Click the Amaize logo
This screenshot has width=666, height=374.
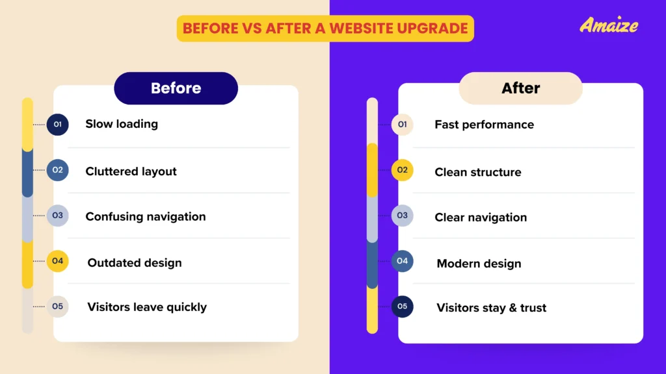(x=609, y=25)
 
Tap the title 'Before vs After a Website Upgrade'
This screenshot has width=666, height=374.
(x=325, y=29)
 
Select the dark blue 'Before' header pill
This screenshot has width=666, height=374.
(x=176, y=88)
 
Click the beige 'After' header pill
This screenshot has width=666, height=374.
(x=520, y=88)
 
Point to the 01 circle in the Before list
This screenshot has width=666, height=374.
(x=57, y=124)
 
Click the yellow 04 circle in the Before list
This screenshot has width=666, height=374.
(x=57, y=261)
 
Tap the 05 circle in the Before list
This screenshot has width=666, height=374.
(x=57, y=306)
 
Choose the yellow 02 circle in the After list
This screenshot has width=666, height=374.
(x=402, y=170)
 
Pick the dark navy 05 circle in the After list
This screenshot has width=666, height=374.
(x=402, y=306)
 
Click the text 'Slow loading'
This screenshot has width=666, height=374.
(x=122, y=123)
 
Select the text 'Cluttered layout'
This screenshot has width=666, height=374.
(x=131, y=171)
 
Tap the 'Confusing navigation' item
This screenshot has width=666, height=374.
(x=145, y=217)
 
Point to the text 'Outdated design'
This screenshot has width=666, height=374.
(x=135, y=263)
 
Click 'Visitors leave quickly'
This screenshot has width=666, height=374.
(x=147, y=307)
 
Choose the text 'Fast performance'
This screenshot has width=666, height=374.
(x=484, y=125)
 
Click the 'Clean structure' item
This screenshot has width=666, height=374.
(x=477, y=173)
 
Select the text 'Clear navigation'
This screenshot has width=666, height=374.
(x=481, y=218)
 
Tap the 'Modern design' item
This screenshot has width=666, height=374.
(x=479, y=264)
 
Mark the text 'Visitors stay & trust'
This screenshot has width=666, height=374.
(x=491, y=308)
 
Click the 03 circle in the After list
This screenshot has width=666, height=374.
(x=402, y=216)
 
